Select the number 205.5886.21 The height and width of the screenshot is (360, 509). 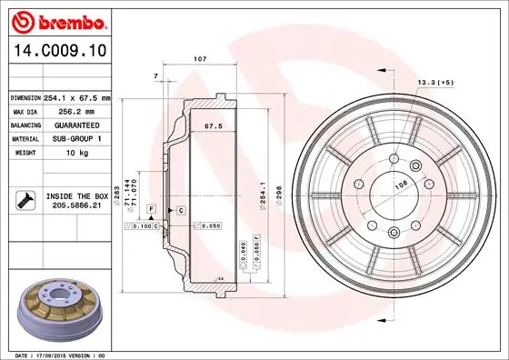(75, 205)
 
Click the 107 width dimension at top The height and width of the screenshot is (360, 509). (201, 59)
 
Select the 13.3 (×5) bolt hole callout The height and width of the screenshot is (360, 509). (435, 82)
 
